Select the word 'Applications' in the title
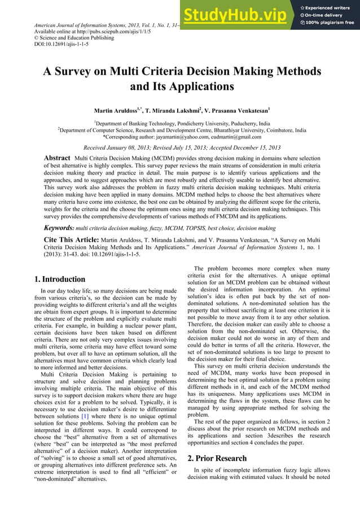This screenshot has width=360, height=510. pos(198,87)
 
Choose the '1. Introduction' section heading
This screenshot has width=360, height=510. pos(59,279)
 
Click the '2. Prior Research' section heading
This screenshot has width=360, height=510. pos(217,458)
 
